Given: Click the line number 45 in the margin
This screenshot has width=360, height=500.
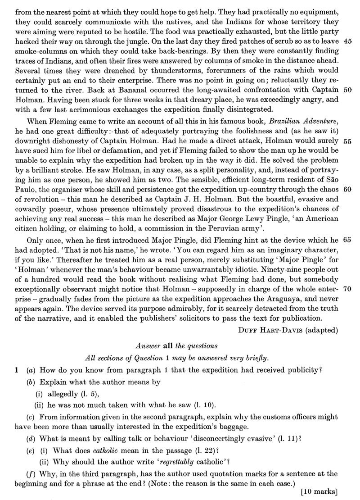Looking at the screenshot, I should point(347,41).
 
